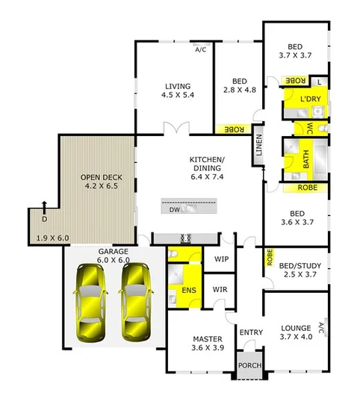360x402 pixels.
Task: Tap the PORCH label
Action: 248,366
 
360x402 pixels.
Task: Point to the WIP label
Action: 221,259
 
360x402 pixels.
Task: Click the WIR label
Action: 220,289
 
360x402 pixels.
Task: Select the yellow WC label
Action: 308,127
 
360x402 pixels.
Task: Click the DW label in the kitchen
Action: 173,210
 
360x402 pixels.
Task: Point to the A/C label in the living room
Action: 200,51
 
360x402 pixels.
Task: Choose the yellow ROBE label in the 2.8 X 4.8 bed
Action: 234,129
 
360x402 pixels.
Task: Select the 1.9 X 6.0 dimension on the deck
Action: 52,238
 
